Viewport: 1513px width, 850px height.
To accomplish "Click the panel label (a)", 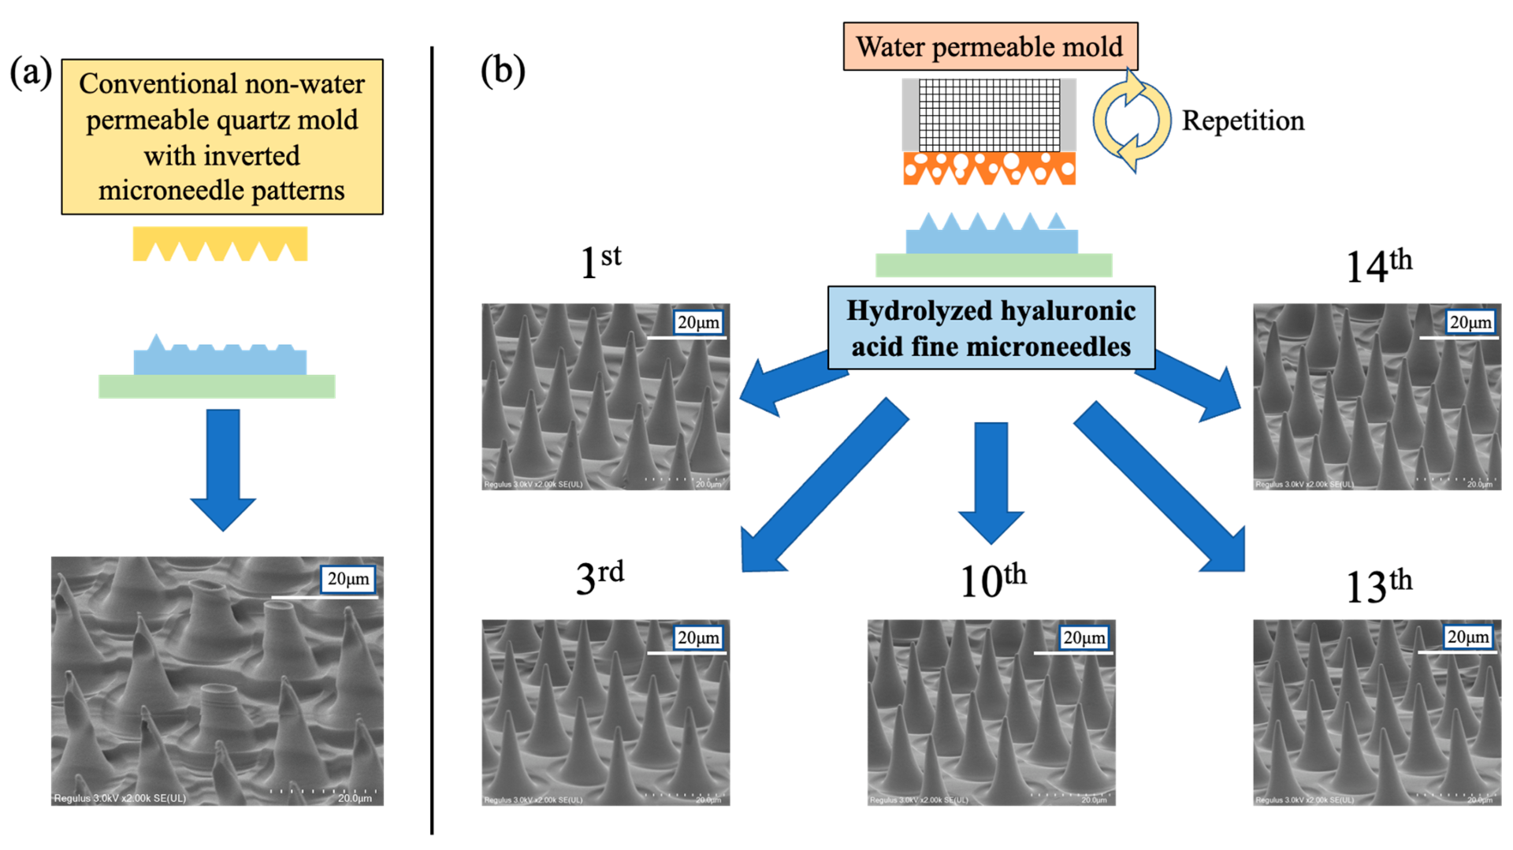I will (x=30, y=73).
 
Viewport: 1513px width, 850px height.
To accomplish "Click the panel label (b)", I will (x=503, y=71).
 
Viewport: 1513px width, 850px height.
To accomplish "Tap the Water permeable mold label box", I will (x=990, y=46).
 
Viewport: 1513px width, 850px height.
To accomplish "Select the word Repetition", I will (x=1243, y=121).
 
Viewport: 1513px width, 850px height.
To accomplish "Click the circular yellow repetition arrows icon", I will (x=1131, y=121).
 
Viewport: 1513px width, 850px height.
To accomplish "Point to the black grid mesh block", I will (x=989, y=115).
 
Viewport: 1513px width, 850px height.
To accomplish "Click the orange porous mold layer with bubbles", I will (x=989, y=168).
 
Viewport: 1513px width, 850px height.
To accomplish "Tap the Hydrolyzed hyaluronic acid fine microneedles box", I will (x=991, y=328).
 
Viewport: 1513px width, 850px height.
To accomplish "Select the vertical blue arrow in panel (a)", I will (x=223, y=469).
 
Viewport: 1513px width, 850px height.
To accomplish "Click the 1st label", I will (x=600, y=262).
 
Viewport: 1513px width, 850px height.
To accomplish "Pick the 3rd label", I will (x=599, y=577).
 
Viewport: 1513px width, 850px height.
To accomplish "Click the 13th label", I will (x=1378, y=585).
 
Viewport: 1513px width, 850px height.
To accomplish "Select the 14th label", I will (x=1378, y=265).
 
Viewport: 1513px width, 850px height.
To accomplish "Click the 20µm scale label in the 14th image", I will (x=1470, y=322).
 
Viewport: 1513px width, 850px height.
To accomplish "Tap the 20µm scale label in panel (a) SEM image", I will (x=348, y=579).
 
